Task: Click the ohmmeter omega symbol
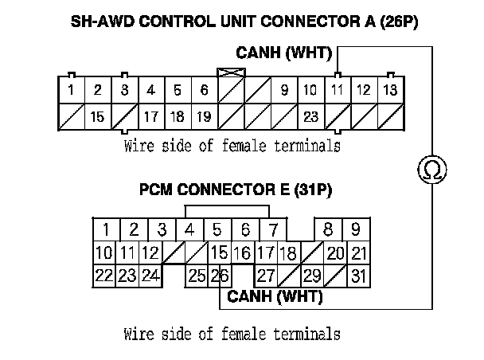point(431,169)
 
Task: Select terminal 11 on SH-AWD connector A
point(337,91)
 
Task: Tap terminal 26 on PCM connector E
point(220,276)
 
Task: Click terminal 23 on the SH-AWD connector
point(310,116)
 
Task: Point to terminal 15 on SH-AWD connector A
point(97,116)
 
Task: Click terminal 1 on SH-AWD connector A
point(71,91)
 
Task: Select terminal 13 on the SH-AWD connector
point(390,91)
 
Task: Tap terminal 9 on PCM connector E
point(356,230)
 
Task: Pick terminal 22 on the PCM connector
point(103,276)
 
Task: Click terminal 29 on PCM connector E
point(312,276)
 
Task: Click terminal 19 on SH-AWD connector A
point(204,116)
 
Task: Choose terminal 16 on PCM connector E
point(241,253)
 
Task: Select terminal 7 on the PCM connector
point(273,230)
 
